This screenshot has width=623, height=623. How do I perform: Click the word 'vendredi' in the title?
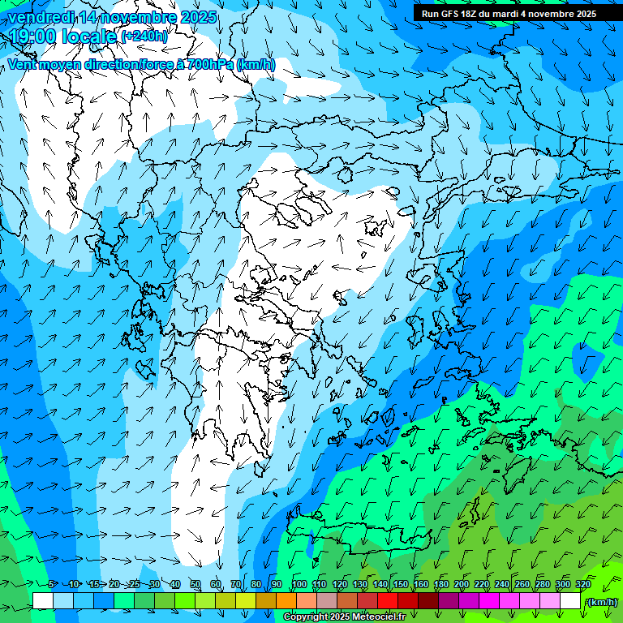tap(40, 17)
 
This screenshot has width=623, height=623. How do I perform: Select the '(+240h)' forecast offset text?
tap(144, 37)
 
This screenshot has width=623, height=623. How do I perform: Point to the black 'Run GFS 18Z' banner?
tap(509, 14)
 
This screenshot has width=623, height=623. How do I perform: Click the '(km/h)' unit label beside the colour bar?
tap(600, 602)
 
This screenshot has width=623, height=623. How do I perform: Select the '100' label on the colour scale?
tap(299, 585)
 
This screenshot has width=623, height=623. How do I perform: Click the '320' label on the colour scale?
tap(582, 585)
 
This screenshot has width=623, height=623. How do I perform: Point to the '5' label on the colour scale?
tap(51, 585)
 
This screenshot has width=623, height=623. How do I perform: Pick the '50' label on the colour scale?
tap(195, 585)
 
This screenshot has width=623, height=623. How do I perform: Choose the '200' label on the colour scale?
tap(462, 585)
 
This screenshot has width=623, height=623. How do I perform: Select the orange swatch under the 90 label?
tap(287, 601)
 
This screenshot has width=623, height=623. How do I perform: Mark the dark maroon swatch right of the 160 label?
tap(429, 601)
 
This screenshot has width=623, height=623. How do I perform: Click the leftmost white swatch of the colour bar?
tap(43, 601)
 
